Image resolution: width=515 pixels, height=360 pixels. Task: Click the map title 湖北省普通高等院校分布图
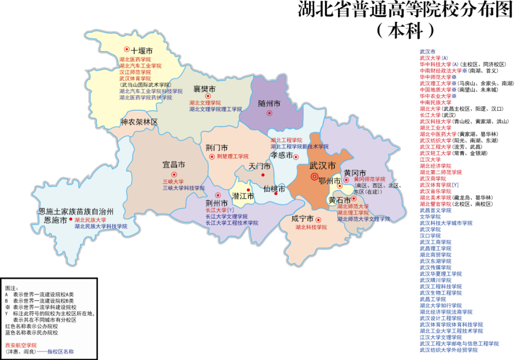405,10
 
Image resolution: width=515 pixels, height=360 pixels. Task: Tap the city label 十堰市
142,50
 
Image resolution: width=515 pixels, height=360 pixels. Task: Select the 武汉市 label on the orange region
322,166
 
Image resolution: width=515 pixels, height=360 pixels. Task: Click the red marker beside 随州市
269,113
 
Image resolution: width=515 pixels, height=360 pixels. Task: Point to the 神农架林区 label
139,122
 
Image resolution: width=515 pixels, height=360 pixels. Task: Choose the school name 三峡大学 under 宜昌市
173,182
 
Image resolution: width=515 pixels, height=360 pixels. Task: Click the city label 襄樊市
204,89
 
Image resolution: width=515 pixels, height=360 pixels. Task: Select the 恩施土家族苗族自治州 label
76,211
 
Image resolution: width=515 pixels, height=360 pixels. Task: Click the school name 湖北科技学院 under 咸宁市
311,227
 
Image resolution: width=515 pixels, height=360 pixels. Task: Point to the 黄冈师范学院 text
369,179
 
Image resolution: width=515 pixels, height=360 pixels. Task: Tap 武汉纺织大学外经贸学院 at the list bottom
449,350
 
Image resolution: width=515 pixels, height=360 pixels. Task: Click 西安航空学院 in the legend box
21,345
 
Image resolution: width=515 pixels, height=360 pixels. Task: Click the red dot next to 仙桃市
276,194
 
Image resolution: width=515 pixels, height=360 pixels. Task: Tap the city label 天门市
259,166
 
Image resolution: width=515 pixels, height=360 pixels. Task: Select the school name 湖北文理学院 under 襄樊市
205,103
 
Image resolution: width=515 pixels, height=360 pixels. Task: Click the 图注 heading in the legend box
11,288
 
